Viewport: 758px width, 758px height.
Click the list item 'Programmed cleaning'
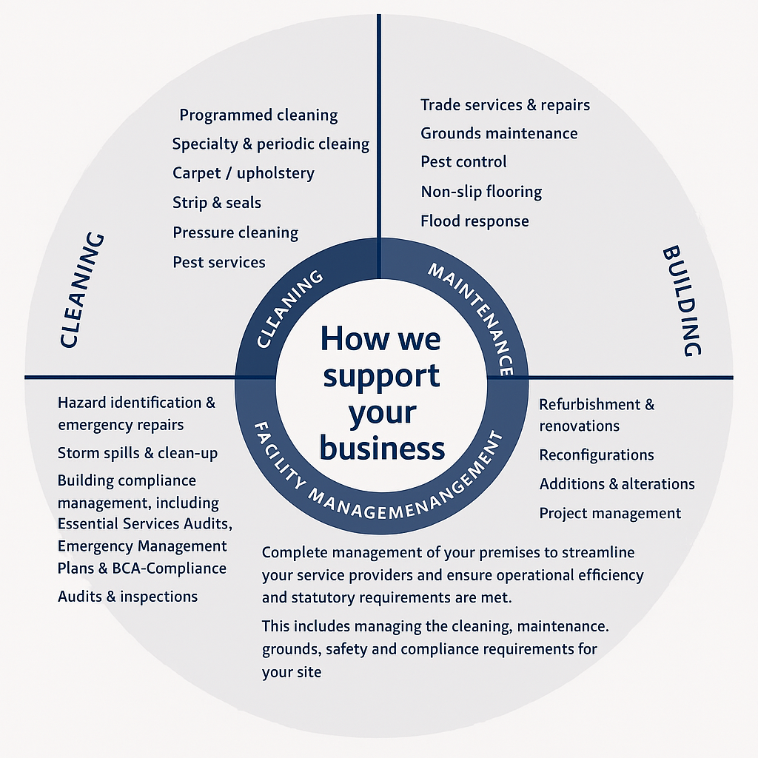(x=258, y=115)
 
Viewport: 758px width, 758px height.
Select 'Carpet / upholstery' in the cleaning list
(x=244, y=173)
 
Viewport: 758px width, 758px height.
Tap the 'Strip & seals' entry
(x=217, y=203)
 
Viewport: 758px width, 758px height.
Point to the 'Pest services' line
(x=219, y=262)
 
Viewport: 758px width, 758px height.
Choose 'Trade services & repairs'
(x=506, y=105)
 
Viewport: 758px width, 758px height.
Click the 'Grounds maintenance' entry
(x=499, y=134)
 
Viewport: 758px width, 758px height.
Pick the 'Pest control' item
(x=463, y=162)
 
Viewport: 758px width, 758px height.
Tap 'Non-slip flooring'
(x=481, y=192)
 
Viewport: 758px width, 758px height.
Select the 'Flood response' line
(x=474, y=221)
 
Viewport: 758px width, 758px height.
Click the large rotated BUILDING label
(x=681, y=301)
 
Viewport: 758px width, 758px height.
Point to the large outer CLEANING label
(x=81, y=290)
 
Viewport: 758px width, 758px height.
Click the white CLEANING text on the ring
(x=289, y=310)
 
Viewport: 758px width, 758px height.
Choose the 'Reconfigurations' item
(x=597, y=455)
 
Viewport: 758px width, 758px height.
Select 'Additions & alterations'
(x=617, y=485)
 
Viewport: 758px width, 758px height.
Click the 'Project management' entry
(x=610, y=514)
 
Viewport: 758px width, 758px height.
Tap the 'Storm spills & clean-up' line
(x=138, y=453)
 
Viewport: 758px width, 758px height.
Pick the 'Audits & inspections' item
(x=127, y=597)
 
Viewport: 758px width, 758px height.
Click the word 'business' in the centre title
(x=383, y=449)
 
